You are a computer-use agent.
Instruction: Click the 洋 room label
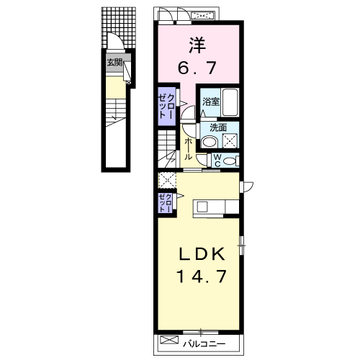pos(197,45)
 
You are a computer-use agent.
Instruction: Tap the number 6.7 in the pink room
pos(197,68)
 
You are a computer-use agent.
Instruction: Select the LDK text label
pos(202,254)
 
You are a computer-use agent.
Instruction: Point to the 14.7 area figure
pos(202,276)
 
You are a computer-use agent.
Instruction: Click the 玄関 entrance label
pos(114,63)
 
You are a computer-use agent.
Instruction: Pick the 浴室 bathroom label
pos(211,102)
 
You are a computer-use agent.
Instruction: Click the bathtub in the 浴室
pos(230,103)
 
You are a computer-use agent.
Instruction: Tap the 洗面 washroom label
pos(218,128)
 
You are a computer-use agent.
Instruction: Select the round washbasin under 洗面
pos(210,142)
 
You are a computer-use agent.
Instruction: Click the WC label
pos(217,161)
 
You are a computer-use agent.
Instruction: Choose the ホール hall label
pos(188,149)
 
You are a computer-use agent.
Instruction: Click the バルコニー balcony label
pos(204,344)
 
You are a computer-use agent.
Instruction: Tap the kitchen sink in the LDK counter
pos(202,207)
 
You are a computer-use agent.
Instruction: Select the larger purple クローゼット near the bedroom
pos(166,107)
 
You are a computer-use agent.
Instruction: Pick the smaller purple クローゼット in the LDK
pos(166,203)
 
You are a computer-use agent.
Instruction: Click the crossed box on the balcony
pos(169,340)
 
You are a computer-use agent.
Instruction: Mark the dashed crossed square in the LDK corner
pos(167,180)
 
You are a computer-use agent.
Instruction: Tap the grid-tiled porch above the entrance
pos(119,27)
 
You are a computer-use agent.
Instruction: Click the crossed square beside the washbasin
pos(230,140)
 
